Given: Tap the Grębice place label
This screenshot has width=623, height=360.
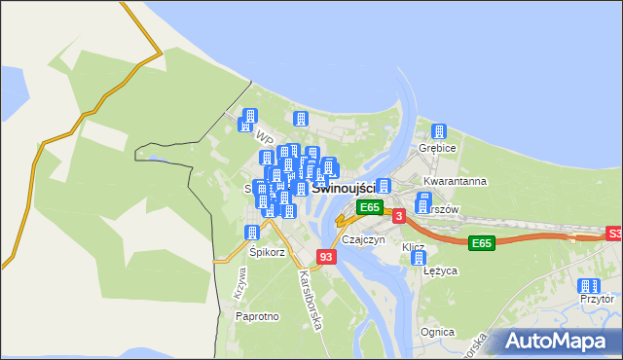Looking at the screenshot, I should click(x=438, y=148).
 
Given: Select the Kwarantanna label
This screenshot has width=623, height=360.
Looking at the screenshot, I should click(x=455, y=182).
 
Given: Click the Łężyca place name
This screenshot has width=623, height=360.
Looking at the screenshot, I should click(x=440, y=271).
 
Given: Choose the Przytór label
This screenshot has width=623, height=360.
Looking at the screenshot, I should click(x=596, y=301).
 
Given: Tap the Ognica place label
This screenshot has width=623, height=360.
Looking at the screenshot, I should click(x=438, y=332).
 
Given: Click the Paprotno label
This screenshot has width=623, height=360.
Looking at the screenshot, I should click(x=258, y=316).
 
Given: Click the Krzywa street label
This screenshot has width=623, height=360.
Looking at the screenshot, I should click(x=238, y=283).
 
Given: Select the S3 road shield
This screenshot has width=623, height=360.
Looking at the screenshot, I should click(x=614, y=234).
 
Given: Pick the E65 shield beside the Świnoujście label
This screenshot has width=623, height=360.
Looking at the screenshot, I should click(x=369, y=207).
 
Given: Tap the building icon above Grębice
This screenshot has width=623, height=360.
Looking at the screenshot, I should click(x=439, y=131).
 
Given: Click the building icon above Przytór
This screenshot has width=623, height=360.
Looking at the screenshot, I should click(x=587, y=286).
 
